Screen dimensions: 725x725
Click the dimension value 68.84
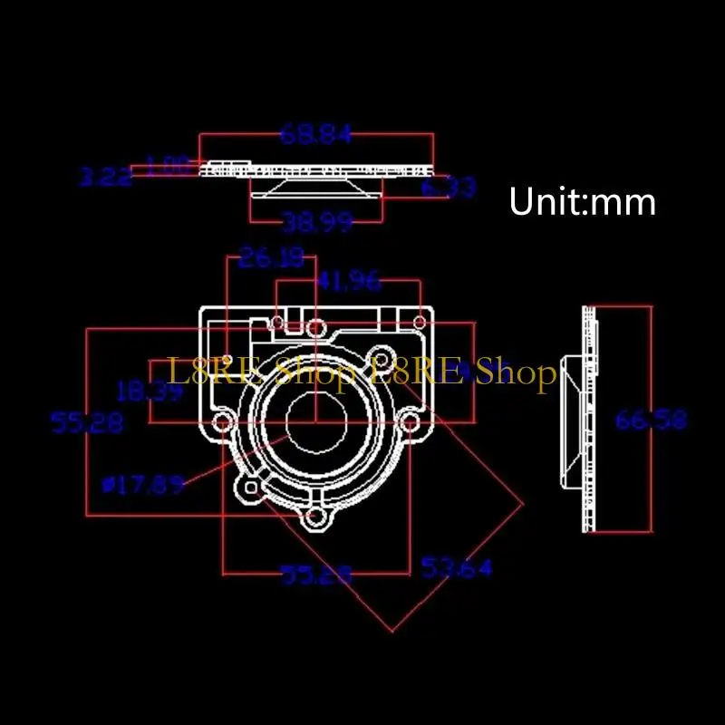pyautogui.click(x=315, y=135)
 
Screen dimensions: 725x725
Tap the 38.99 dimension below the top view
pyautogui.click(x=316, y=222)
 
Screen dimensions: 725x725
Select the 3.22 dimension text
pyautogui.click(x=104, y=178)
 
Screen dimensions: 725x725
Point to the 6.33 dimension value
pyautogui.click(x=449, y=188)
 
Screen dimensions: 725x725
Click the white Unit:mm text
pyautogui.click(x=582, y=201)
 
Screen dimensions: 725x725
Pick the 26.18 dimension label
pyautogui.click(x=271, y=260)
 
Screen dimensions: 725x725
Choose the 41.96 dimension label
pyautogui.click(x=348, y=282)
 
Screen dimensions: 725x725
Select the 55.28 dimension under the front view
pyautogui.click(x=316, y=575)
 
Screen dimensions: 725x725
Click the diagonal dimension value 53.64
pyautogui.click(x=456, y=568)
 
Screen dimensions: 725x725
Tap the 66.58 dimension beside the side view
pyautogui.click(x=651, y=420)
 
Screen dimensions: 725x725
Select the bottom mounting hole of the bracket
pyautogui.click(x=315, y=518)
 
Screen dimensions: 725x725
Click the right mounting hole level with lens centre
pyautogui.click(x=410, y=422)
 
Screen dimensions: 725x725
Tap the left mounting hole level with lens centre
pyautogui.click(x=221, y=422)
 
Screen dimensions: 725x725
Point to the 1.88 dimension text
pyautogui.click(x=169, y=166)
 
